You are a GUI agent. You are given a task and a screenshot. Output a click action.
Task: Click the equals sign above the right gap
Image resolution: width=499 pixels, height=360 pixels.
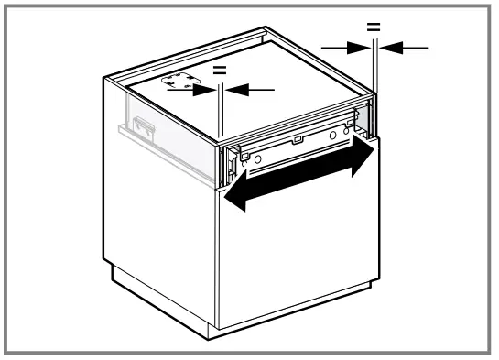click(374, 27)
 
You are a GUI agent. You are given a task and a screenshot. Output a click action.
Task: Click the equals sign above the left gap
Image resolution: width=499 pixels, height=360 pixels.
click(219, 70)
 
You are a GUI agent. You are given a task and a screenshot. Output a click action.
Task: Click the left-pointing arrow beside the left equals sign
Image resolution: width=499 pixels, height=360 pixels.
click(249, 89)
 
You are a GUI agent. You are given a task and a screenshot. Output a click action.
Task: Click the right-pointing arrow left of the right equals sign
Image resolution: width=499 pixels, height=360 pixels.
click(348, 48)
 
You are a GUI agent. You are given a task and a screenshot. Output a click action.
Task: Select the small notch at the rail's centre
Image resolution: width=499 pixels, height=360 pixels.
click(297, 141)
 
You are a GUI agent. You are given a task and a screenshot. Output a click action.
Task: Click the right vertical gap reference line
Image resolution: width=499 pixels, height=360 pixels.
click(377, 82)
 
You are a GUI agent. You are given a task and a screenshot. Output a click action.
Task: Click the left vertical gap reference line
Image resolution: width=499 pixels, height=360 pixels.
click(222, 115)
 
